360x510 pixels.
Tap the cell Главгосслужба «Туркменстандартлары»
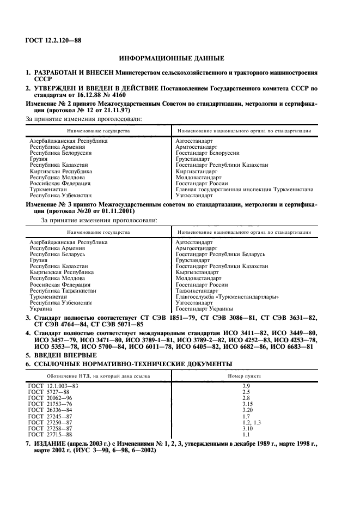227,296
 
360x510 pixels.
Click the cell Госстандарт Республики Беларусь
221,254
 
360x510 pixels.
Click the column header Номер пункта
244,375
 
